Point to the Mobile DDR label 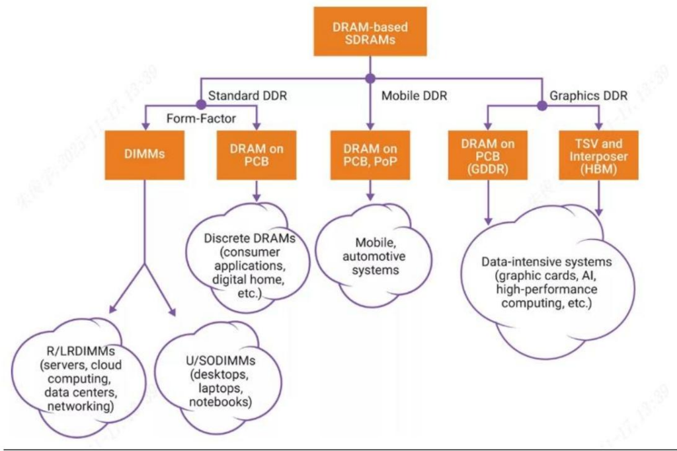click(x=415, y=96)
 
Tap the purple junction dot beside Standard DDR click(x=200, y=104)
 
